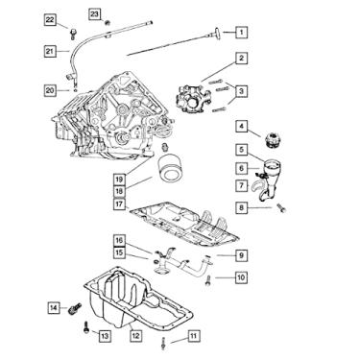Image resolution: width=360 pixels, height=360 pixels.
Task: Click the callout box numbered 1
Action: click(x=242, y=32)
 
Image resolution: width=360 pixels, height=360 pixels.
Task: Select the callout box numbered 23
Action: click(x=94, y=13)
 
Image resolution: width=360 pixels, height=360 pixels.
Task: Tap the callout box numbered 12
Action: click(x=135, y=335)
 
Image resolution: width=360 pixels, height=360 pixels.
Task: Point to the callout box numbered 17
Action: click(x=119, y=204)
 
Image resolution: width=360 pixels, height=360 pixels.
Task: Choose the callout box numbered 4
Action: click(x=242, y=127)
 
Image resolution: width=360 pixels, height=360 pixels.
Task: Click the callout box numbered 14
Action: click(x=54, y=308)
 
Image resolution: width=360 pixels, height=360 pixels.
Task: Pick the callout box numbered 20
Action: click(x=50, y=90)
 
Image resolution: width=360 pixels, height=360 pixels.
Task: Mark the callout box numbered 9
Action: click(x=241, y=255)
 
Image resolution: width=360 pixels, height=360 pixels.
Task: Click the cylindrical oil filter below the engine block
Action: click(x=170, y=168)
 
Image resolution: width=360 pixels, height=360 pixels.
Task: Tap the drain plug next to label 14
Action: click(x=75, y=308)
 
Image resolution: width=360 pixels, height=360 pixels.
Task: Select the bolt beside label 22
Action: click(x=73, y=33)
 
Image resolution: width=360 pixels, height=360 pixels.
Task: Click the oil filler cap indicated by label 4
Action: click(x=272, y=139)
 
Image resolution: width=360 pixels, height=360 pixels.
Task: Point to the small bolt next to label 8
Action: click(x=281, y=207)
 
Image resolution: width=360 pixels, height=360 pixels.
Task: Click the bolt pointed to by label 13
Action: click(x=85, y=327)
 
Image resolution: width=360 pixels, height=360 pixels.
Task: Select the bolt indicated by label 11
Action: click(x=163, y=344)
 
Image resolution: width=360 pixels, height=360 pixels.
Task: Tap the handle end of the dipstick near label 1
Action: click(x=217, y=33)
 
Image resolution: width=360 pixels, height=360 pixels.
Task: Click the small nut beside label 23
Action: click(x=108, y=22)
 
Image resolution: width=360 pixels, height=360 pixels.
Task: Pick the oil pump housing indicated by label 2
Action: click(x=193, y=99)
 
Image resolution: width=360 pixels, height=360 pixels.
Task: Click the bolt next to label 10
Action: click(x=208, y=280)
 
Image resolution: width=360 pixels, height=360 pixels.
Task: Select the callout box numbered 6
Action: click(x=242, y=168)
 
